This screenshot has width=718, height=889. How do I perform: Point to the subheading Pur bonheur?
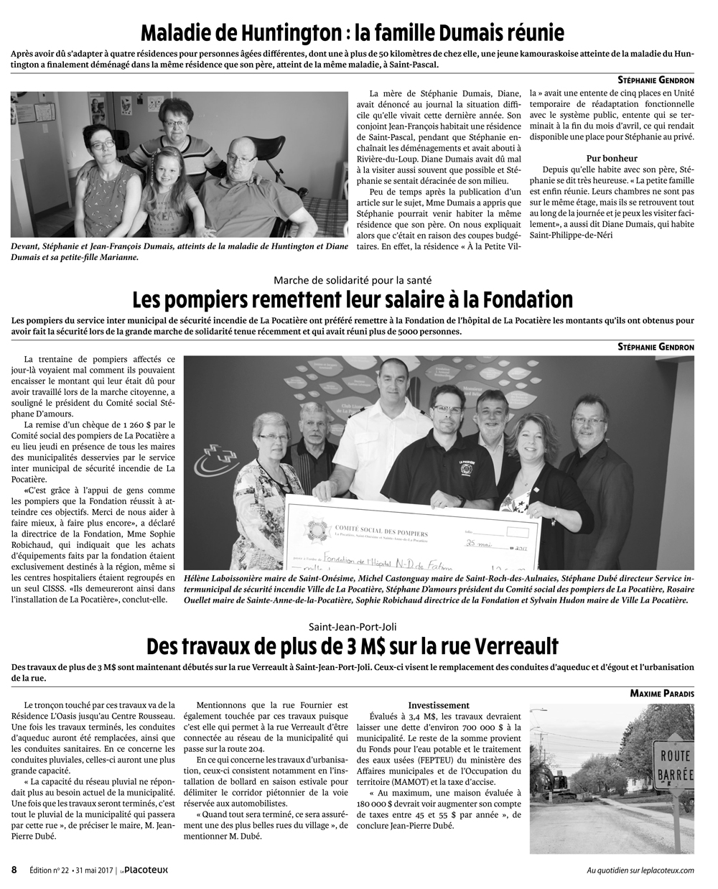[612, 158]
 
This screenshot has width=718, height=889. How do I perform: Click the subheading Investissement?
[439, 705]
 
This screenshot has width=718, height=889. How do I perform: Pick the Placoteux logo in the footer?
[144, 870]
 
